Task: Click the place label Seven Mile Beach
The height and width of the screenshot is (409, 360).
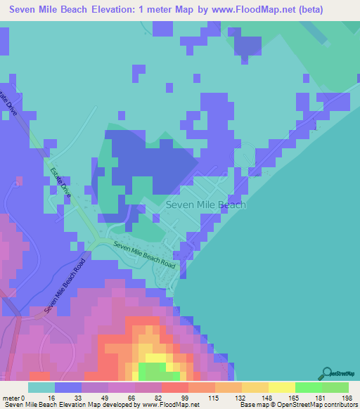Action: (206, 204)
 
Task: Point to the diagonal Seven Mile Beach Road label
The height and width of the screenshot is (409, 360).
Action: (64, 286)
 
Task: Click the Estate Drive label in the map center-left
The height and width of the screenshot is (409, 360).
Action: (60, 181)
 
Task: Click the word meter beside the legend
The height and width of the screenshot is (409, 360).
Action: (12, 398)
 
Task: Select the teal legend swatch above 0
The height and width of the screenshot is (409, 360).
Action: (41, 387)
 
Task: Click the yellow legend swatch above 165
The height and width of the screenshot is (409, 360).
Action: (281, 387)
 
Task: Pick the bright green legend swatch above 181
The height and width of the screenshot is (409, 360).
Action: (308, 387)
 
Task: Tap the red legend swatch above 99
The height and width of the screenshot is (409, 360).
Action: (174, 387)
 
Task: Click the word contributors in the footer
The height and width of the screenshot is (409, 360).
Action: (341, 405)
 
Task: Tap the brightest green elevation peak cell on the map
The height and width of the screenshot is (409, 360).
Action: (153, 371)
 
